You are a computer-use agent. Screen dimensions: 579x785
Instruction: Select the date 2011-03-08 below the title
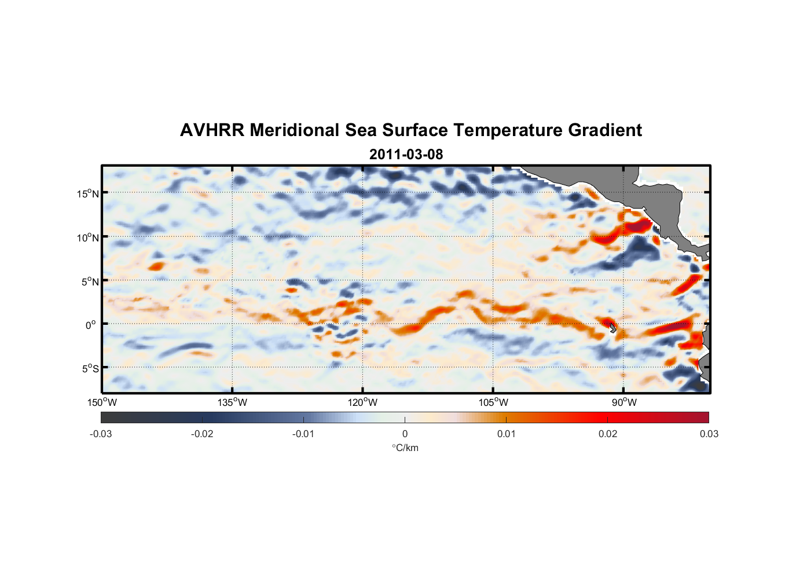[406, 155]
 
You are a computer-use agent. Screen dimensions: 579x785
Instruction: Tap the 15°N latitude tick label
[88, 193]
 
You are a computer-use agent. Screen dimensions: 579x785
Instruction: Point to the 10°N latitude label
[88, 237]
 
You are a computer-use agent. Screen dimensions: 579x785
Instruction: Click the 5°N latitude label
[90, 281]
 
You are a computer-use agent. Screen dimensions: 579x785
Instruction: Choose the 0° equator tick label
[91, 325]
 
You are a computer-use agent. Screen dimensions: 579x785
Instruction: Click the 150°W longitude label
[102, 403]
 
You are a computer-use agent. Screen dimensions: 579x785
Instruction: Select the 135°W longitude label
[233, 403]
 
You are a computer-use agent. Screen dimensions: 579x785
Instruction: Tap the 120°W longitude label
[363, 403]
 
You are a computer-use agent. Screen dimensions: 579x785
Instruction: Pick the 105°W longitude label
[493, 403]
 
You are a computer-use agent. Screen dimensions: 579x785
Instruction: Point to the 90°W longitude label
[624, 403]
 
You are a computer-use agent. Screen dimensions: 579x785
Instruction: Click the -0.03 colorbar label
[101, 434]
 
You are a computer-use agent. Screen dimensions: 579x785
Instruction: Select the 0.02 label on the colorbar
[608, 434]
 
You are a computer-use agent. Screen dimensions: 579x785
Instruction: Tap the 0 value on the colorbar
[405, 434]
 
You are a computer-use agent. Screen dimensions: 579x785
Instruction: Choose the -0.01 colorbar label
[303, 434]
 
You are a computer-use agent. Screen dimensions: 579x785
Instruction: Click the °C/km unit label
[405, 448]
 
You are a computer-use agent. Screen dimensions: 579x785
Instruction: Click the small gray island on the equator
[612, 328]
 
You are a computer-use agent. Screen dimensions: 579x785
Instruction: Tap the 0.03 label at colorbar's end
[709, 434]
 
